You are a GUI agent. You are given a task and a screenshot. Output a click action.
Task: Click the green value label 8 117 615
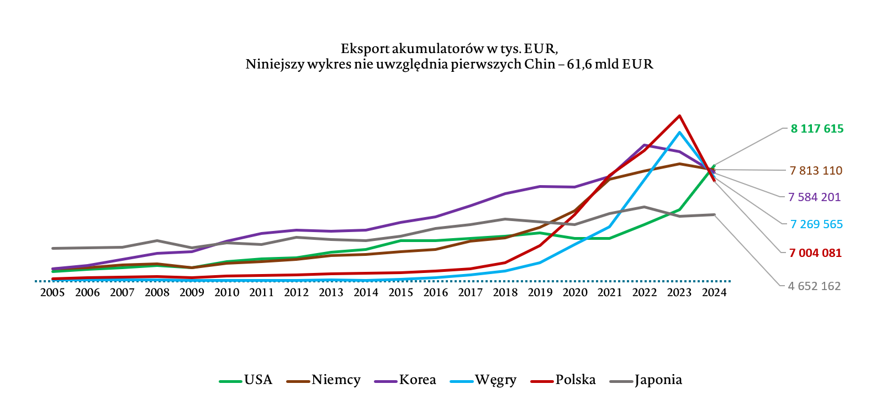817,129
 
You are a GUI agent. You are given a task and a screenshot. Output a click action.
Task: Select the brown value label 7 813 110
816,171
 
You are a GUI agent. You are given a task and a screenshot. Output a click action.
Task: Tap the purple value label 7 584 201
814,197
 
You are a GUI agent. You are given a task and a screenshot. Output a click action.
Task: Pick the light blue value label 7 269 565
816,224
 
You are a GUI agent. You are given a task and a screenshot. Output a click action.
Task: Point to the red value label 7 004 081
815,253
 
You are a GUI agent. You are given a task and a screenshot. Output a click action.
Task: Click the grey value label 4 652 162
814,286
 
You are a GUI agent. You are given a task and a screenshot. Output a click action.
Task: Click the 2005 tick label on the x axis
52,293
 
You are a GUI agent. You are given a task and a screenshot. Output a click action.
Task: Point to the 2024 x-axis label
714,293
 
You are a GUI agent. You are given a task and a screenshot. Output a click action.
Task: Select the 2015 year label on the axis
401,293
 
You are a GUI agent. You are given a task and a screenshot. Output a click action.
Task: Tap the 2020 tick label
575,293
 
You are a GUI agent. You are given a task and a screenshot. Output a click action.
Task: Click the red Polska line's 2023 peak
679,116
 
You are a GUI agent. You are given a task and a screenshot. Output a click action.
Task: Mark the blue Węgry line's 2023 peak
679,133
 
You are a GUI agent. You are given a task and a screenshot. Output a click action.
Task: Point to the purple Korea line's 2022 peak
644,145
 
